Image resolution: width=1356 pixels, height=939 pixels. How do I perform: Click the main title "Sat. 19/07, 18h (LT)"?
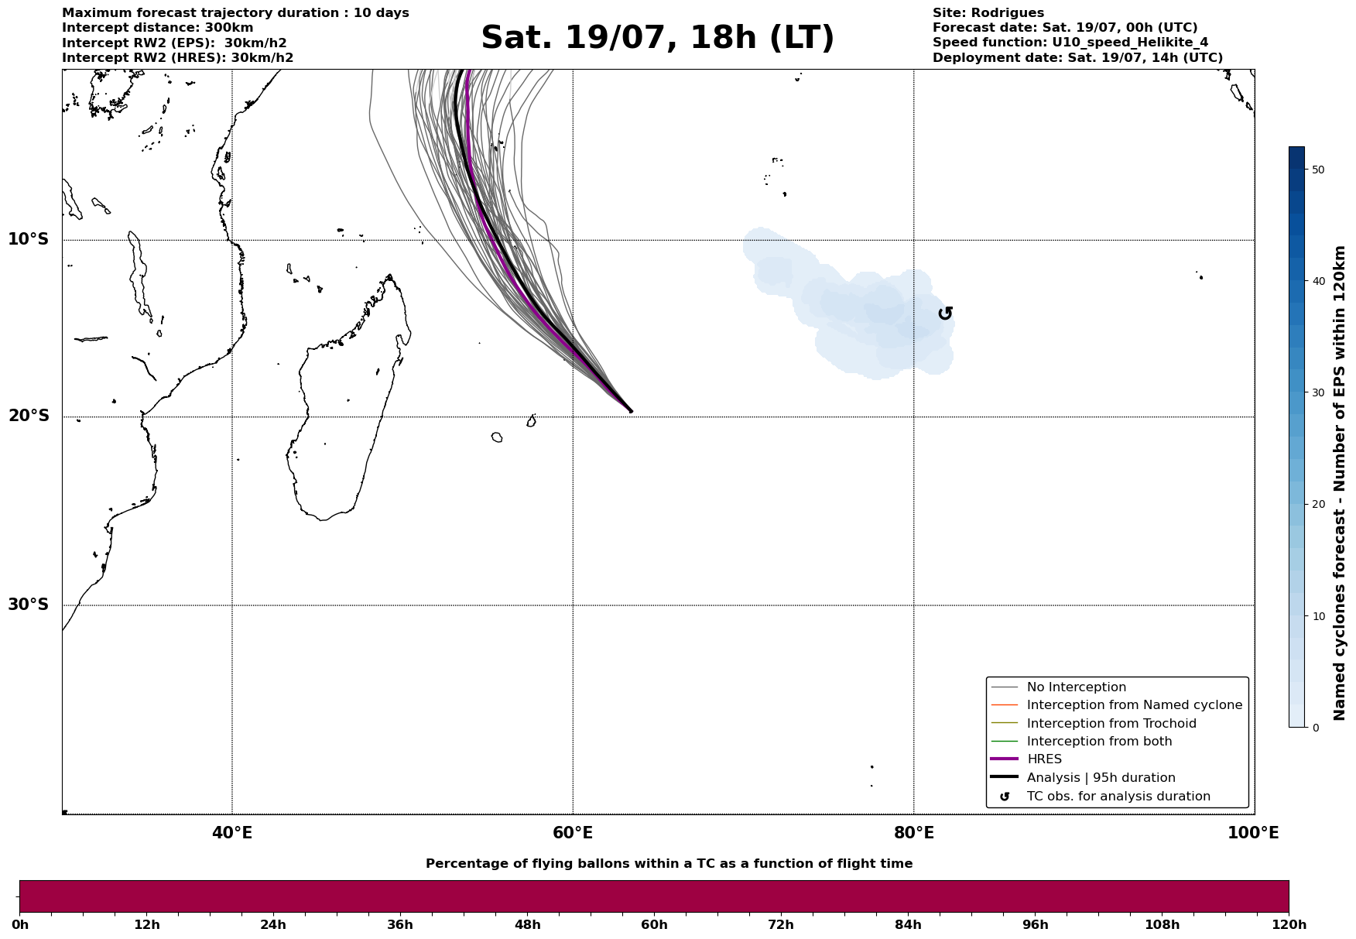657,38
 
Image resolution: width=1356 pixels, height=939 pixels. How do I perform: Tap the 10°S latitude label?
29,239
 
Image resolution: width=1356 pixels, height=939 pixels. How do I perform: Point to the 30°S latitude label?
29,605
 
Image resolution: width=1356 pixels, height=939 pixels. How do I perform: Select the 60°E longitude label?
573,833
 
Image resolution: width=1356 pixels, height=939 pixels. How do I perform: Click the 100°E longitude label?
1253,833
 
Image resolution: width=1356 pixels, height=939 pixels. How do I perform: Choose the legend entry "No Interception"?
1076,687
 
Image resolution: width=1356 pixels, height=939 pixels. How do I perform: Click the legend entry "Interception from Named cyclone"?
1134,705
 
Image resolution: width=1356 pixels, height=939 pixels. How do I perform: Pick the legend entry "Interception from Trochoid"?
1111,724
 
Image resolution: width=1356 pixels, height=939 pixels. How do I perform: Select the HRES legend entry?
1044,759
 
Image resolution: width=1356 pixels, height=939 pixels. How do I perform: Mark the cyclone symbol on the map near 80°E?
945,313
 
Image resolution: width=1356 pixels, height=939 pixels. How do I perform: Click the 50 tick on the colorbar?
1319,170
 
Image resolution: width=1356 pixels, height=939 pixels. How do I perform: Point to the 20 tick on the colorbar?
1319,504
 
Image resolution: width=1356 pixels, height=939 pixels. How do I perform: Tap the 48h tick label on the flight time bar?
527,924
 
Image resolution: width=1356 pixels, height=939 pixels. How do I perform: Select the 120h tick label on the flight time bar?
1289,924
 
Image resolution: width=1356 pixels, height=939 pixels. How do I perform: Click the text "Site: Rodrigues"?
988,13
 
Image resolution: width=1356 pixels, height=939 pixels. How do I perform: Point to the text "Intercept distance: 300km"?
157,28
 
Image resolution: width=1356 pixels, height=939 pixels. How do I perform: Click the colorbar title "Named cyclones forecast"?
1340,484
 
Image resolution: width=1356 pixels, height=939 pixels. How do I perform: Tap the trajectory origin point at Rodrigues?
631,411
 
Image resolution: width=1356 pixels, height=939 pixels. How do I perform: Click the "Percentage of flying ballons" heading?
669,864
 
